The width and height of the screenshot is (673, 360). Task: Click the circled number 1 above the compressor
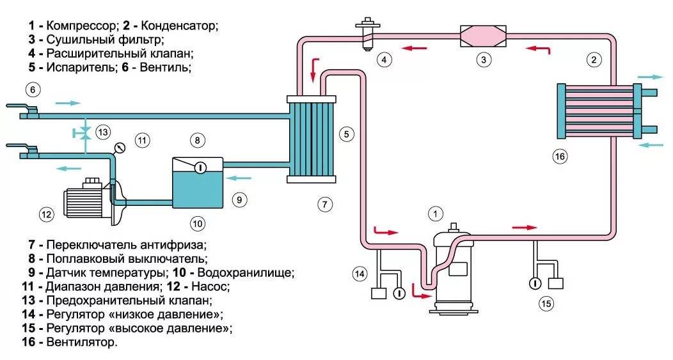coord(436,213)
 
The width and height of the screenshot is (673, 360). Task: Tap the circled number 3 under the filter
coord(484,60)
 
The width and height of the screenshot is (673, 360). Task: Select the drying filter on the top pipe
coord(484,35)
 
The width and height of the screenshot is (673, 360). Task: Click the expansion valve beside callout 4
coord(367,32)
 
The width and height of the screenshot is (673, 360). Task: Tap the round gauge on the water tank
coord(199,168)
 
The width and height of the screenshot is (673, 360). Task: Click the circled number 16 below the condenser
coord(560,155)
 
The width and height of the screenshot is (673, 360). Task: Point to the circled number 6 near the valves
coord(33,89)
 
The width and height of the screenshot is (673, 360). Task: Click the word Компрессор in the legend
coord(82,26)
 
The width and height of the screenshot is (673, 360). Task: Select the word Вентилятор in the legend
coord(81,342)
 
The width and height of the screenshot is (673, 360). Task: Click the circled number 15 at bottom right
coord(546,303)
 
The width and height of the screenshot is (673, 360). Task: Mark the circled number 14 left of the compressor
coord(360,274)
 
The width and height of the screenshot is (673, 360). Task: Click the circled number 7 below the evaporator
coord(325,205)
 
